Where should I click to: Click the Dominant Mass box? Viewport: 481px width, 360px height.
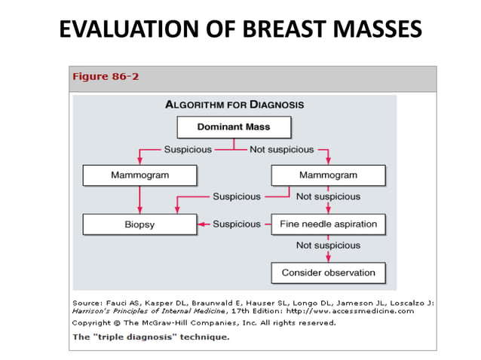pos(233,127)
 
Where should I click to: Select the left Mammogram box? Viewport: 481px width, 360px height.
pos(139,175)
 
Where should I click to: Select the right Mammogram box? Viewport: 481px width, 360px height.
pos(328,175)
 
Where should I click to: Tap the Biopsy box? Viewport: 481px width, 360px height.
pos(139,224)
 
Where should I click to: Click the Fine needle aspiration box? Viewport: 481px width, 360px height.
pos(328,224)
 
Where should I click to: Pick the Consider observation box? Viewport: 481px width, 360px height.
pos(328,272)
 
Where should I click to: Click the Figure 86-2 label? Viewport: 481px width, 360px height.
pos(105,77)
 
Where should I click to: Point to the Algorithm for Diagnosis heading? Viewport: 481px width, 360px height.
pos(234,104)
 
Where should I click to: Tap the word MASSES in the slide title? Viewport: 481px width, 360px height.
pos(371,29)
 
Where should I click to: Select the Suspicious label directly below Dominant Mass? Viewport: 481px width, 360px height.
pos(188,149)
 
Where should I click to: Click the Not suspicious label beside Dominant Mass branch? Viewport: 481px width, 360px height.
pos(281,149)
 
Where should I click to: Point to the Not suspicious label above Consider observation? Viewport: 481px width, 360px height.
pos(328,246)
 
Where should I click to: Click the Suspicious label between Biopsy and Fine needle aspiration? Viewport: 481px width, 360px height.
pos(237,224)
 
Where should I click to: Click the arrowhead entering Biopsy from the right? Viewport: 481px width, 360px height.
pos(201,224)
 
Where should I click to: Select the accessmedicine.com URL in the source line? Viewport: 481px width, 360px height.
pos(369,310)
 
